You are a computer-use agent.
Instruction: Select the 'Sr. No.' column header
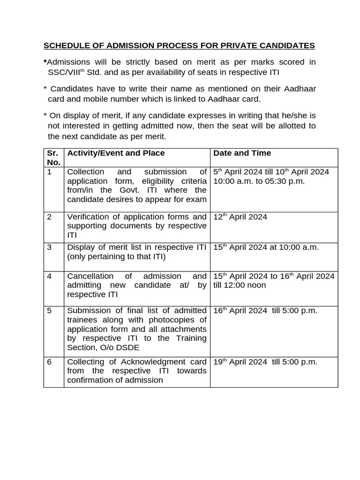pyautogui.click(x=53, y=157)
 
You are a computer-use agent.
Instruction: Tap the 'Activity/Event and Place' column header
pyautogui.click(x=116, y=153)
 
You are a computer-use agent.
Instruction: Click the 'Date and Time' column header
pyautogui.click(x=242, y=153)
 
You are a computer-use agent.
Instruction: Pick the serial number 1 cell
pyautogui.click(x=49, y=172)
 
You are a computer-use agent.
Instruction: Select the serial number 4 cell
pyautogui.click(x=49, y=276)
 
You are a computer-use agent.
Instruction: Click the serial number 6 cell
pyautogui.click(x=49, y=362)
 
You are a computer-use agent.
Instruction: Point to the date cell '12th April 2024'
pyautogui.click(x=240, y=217)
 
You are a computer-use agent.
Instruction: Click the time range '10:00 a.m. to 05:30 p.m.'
pyautogui.click(x=259, y=181)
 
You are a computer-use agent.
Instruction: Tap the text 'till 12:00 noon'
pyautogui.click(x=240, y=285)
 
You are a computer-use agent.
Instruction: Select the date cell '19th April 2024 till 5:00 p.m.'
pyautogui.click(x=265, y=362)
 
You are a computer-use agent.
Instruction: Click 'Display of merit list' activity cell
pyautogui.click(x=136, y=252)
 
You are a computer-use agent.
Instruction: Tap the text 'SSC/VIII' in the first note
pyautogui.click(x=64, y=72)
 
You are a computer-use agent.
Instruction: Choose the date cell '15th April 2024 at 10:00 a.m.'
pyautogui.click(x=266, y=247)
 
